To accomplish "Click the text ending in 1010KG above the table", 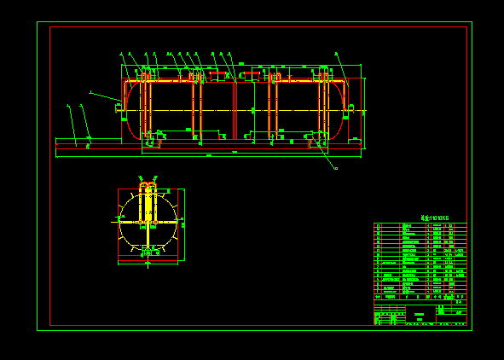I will coord(434,218).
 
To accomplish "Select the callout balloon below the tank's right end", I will coord(336,169).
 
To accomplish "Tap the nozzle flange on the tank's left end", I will coord(119,108).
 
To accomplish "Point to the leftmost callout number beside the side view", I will coord(68,107).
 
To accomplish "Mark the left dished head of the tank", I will coord(129,111).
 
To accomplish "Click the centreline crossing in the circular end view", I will coord(148,221).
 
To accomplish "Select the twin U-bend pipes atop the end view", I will coord(148,185).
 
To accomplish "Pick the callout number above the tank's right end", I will coord(336,54).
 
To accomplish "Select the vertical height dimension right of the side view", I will coord(364,113).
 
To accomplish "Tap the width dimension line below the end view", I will coord(148,264).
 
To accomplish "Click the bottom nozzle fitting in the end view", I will coord(148,253).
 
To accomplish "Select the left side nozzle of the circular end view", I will coord(117,221).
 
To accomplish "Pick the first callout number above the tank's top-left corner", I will coord(122,54).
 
